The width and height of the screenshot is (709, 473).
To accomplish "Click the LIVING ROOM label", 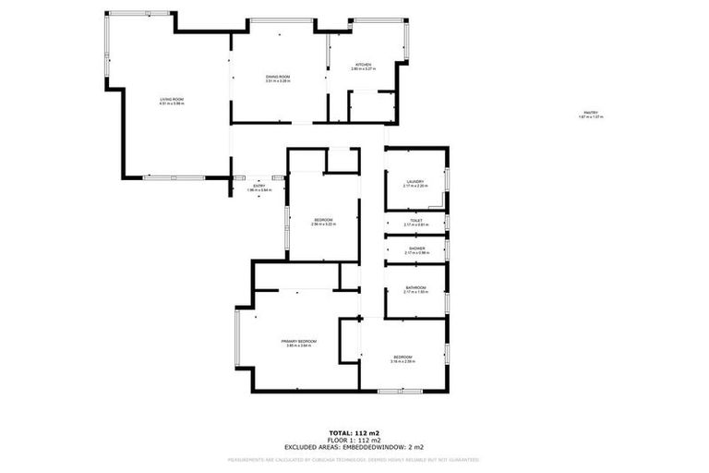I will click(172, 99).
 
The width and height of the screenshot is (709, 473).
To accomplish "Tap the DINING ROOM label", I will click(278, 77).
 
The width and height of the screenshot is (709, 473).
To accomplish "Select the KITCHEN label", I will click(361, 64).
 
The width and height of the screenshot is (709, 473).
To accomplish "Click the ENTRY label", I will click(259, 186).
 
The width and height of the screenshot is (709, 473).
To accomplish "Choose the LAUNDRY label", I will click(415, 181).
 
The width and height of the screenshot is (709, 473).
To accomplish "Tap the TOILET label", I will click(415, 220).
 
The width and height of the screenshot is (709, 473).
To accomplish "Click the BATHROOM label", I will click(415, 287).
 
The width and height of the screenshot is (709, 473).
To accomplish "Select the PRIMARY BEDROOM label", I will click(299, 341).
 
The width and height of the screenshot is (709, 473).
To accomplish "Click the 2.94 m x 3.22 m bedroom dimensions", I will click(323, 224).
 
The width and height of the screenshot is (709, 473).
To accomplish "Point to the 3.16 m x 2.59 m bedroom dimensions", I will click(403, 361).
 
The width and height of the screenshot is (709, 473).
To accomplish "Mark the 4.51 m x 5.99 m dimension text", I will click(172, 103).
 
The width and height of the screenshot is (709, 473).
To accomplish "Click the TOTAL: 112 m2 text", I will click(354, 432).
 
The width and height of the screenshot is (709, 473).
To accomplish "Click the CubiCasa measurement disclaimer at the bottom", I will click(354, 458).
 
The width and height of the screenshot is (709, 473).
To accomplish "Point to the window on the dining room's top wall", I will click(279, 20).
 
